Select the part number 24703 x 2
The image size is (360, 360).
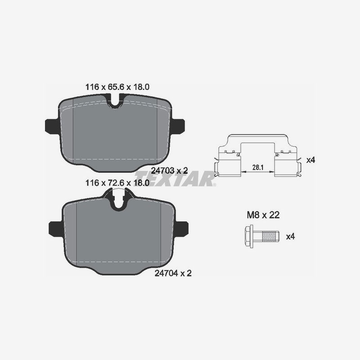tap(169, 170)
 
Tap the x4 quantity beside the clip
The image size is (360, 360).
tap(310, 160)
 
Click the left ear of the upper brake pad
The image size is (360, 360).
tap(51, 126)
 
